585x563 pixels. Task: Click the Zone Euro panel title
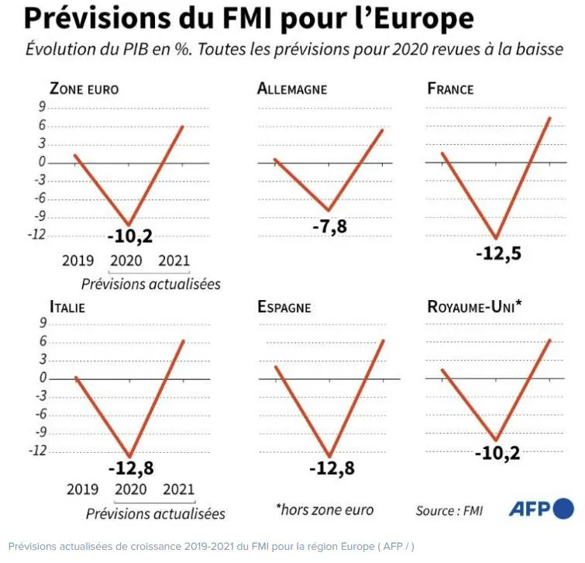tap(84, 88)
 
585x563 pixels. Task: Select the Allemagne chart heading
tap(292, 88)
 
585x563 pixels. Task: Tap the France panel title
tap(450, 88)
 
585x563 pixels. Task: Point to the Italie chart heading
tap(67, 307)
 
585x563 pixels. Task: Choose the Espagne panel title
tap(284, 307)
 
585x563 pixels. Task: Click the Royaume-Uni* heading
tap(475, 306)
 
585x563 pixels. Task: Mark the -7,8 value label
tap(329, 227)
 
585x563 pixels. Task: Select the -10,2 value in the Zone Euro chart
tap(128, 236)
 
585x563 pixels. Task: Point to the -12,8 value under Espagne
tap(331, 468)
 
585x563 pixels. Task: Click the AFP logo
tap(541, 509)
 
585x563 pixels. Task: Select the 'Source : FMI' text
tap(449, 510)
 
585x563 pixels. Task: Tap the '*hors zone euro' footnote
tap(325, 509)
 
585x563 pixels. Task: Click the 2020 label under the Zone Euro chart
tap(126, 261)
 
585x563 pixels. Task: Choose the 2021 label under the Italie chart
tap(178, 489)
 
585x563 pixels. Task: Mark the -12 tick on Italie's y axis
tap(36, 451)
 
